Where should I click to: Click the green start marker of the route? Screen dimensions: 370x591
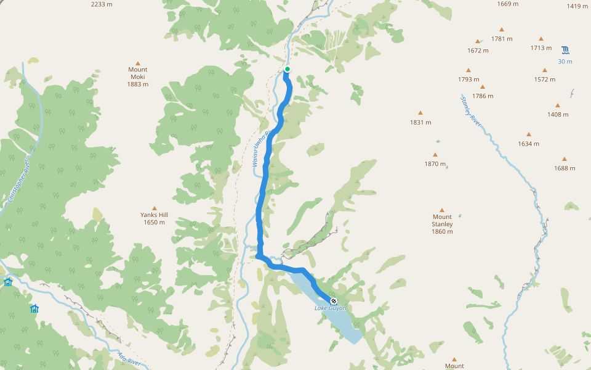coord(287,69)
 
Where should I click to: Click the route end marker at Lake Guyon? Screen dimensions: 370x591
coord(334,301)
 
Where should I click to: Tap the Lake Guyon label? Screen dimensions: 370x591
coord(331,308)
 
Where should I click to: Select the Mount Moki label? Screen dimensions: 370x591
coord(138,77)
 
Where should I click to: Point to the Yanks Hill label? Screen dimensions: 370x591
coord(154,218)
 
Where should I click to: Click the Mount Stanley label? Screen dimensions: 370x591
coord(442,224)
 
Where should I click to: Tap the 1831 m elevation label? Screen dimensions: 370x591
coord(420,122)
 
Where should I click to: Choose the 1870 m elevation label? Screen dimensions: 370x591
coord(435,164)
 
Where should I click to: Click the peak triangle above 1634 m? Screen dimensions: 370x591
coord(528,134)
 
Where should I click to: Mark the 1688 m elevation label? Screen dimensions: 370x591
coord(564,168)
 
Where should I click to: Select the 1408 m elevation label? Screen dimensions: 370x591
coord(558,115)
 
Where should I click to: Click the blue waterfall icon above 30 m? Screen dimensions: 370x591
coord(565,49)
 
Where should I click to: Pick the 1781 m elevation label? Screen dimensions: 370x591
coord(502,39)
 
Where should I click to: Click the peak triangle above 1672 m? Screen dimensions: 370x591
coord(478,41)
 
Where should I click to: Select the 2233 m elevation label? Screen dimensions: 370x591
coord(102,4)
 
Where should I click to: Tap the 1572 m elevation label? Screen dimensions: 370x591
coord(545,80)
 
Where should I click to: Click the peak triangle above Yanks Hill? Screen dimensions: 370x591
coord(154,208)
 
